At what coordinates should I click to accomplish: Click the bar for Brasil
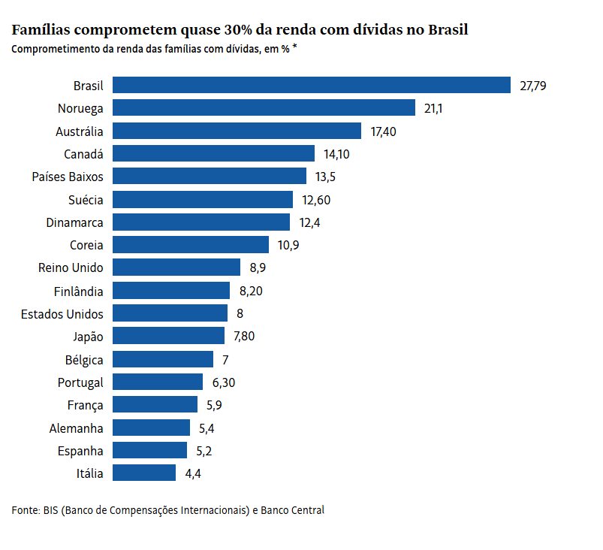[x=312, y=86]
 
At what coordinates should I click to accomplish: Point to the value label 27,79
[x=533, y=86]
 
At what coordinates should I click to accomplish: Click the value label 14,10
[x=337, y=154]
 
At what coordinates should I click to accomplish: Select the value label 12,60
[x=316, y=200]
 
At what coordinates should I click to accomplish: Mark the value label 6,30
[x=224, y=382]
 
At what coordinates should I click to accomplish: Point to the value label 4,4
[x=194, y=473]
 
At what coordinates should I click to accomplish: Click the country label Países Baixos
[x=68, y=177]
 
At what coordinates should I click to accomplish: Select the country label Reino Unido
[x=71, y=267]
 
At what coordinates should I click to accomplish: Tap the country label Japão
[x=87, y=336]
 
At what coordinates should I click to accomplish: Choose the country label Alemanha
[x=76, y=428]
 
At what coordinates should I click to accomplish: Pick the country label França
[x=85, y=405]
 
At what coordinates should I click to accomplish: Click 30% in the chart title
[x=240, y=31]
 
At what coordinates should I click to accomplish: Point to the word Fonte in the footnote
[x=25, y=510]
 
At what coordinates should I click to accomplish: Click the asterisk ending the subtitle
[x=294, y=48]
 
